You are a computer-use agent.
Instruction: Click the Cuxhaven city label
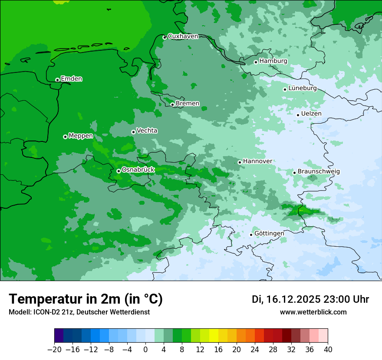click(183, 36)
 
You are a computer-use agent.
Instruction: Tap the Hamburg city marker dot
click(256, 62)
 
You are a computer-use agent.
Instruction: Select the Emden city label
click(71, 79)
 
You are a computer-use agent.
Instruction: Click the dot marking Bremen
click(172, 105)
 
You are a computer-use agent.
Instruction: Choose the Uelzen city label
click(311, 114)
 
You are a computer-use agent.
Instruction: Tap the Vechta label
click(147, 131)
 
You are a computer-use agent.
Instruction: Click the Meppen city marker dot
click(65, 137)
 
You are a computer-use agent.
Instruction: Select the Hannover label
click(257, 161)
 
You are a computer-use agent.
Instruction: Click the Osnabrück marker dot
click(119, 171)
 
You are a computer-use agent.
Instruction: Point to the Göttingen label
click(269, 233)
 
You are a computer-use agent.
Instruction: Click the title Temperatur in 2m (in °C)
click(86, 299)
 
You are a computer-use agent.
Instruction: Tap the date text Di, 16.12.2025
click(285, 299)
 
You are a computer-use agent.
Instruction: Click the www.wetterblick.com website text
click(313, 312)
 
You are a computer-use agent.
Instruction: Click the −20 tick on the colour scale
click(54, 350)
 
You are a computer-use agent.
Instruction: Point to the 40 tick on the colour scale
click(328, 350)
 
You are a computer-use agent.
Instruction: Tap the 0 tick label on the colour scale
click(145, 350)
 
